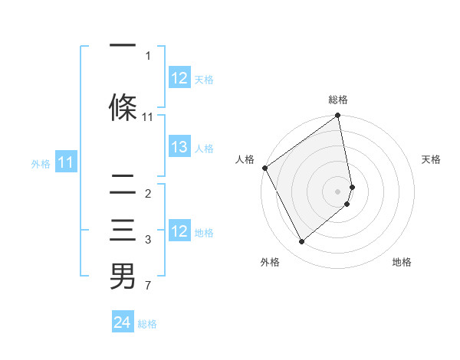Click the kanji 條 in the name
(123, 107)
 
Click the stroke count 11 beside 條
(148, 117)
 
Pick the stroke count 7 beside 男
(148, 286)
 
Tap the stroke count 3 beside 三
(148, 240)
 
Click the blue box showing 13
(179, 148)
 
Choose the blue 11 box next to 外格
(66, 162)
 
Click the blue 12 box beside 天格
(179, 78)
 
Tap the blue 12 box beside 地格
(179, 232)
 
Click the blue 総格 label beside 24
(147, 324)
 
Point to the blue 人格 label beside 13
(203, 149)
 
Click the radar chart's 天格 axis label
(431, 159)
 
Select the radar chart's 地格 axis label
(402, 262)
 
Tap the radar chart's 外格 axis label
(270, 262)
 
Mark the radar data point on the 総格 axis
(337, 116)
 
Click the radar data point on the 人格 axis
(264, 168)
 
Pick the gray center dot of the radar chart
(337, 191)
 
